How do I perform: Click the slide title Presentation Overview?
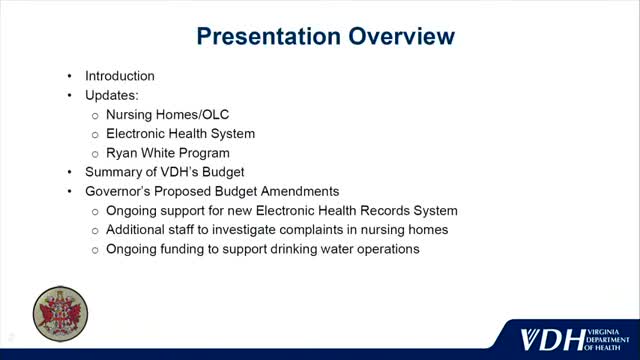325,37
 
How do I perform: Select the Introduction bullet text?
119,76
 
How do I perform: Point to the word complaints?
315,230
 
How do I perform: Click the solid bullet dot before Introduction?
69,76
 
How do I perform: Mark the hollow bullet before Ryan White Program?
95,153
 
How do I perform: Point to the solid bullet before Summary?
69,172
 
